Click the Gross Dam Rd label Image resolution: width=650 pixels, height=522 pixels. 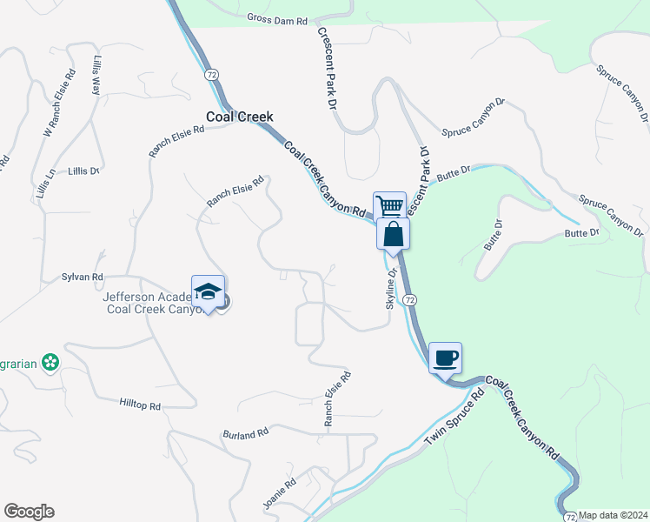click(277, 17)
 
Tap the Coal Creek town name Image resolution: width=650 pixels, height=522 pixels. click(239, 117)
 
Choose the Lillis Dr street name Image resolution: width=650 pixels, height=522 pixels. click(84, 171)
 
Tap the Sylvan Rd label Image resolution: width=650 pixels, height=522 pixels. click(83, 277)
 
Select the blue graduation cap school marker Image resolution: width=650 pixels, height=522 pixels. click(209, 292)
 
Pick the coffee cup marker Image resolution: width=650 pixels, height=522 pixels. click(445, 357)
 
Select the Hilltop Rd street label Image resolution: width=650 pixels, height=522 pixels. click(140, 405)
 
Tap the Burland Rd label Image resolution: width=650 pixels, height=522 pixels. click(245, 433)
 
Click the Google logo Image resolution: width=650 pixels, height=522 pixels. click(29, 512)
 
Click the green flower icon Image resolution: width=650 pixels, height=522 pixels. click(50, 361)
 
